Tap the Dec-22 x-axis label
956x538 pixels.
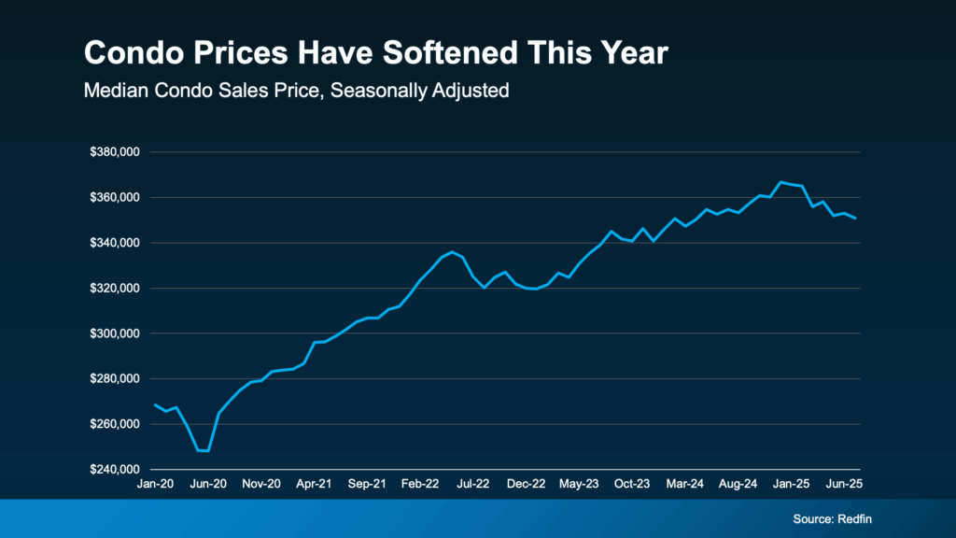point(527,484)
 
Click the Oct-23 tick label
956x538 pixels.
point(632,484)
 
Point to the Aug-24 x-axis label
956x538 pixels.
point(738,484)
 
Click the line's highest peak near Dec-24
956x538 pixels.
point(780,182)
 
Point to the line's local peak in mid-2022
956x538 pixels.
point(453,251)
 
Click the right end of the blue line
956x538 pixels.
point(856,219)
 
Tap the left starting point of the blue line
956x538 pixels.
point(156,404)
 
